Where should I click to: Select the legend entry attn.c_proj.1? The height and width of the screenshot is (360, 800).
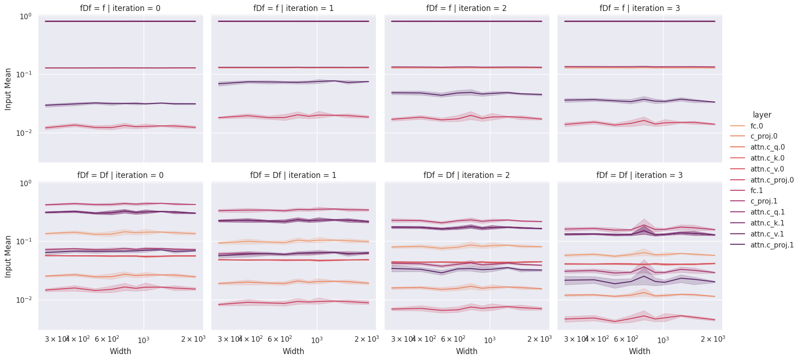pos(772,245)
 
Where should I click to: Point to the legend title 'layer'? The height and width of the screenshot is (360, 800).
pos(762,115)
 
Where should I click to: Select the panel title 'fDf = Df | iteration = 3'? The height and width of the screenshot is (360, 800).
pos(639,175)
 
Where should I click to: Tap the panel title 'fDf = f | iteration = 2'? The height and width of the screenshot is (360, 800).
pos(467,8)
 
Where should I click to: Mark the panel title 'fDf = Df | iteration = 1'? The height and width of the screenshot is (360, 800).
pos(293,175)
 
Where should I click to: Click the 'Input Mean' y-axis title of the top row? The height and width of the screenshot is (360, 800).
pos(8,89)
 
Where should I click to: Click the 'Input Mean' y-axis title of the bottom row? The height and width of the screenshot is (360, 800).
pos(8,256)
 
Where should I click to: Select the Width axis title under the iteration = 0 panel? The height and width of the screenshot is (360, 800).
pos(120,351)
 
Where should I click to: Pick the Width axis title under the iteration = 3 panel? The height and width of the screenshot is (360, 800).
pos(639,351)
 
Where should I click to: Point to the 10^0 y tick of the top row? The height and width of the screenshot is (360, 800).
pos(25,17)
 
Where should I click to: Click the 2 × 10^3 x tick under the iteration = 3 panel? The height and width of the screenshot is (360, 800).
pos(713,339)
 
